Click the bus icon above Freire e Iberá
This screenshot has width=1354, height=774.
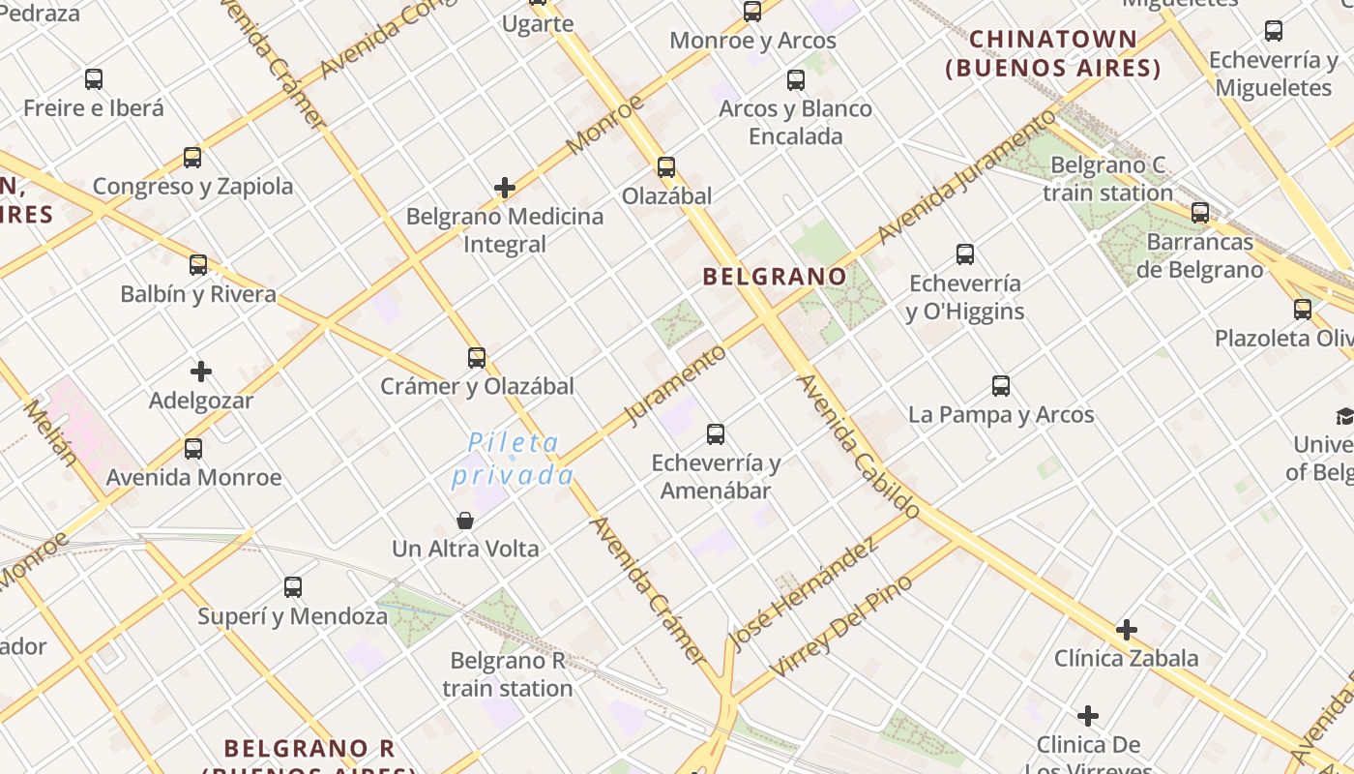pyautogui.click(x=94, y=79)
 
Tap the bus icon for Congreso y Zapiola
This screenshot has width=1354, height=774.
pyautogui.click(x=192, y=158)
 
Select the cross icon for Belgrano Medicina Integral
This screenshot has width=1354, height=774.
pyautogui.click(x=504, y=188)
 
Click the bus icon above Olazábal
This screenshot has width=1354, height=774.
pyautogui.click(x=666, y=167)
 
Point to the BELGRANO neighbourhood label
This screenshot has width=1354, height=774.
pyautogui.click(x=775, y=277)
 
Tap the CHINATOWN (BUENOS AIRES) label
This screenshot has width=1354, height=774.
pyautogui.click(x=1053, y=54)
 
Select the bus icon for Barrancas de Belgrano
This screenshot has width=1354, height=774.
pyautogui.click(x=1200, y=213)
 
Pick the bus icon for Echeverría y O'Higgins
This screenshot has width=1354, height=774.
pyautogui.click(x=965, y=254)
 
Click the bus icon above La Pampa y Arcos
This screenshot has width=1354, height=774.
pyautogui.click(x=1001, y=386)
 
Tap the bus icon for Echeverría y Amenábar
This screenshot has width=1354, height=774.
pyautogui.click(x=716, y=434)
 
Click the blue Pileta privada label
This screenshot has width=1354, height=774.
pyautogui.click(x=514, y=459)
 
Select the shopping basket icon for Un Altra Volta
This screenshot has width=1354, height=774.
pyautogui.click(x=465, y=521)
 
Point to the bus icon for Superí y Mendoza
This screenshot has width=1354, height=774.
pyautogui.click(x=293, y=587)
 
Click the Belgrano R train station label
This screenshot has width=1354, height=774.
pyautogui.click(x=507, y=674)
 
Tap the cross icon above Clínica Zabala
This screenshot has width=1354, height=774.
pyautogui.click(x=1126, y=630)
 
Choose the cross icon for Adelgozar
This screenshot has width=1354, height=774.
pyautogui.click(x=201, y=372)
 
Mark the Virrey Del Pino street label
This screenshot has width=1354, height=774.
pyautogui.click(x=840, y=627)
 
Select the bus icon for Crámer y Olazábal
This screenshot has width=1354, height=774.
pyautogui.click(x=477, y=358)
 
